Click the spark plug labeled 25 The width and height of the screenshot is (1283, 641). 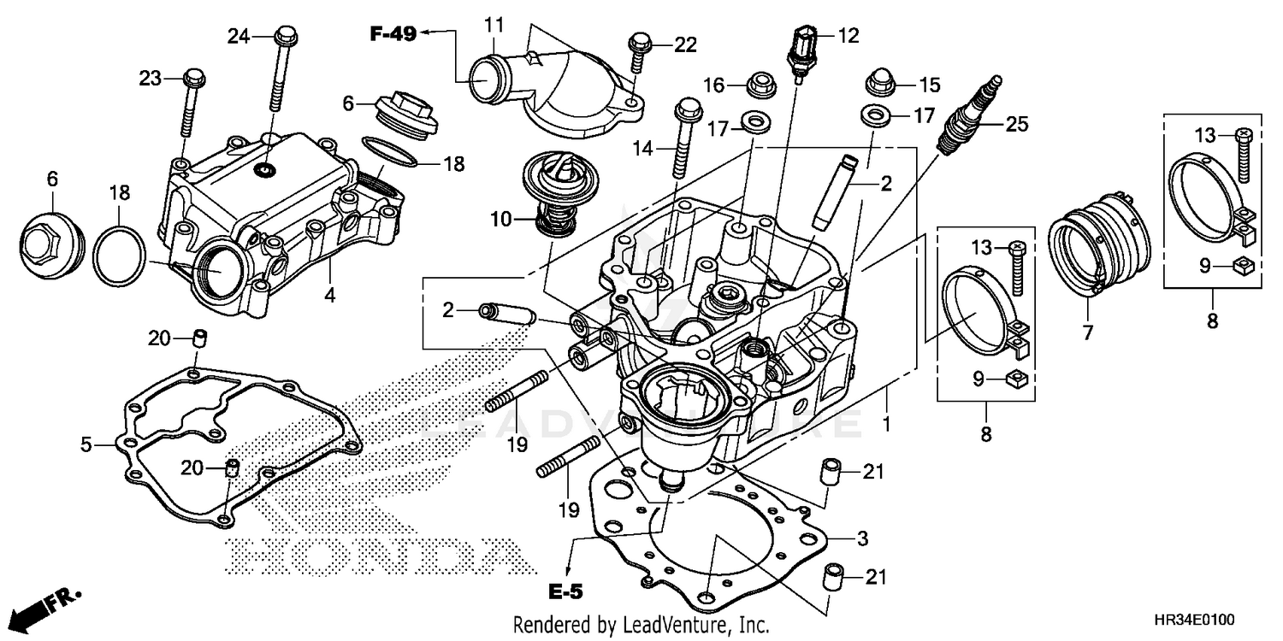(x=969, y=117)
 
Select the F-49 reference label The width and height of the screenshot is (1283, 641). (x=393, y=34)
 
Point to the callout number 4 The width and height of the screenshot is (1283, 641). (x=329, y=296)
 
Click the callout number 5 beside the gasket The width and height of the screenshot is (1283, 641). (x=86, y=444)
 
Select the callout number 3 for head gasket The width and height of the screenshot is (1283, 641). (x=862, y=538)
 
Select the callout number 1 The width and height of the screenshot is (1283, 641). (x=887, y=423)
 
